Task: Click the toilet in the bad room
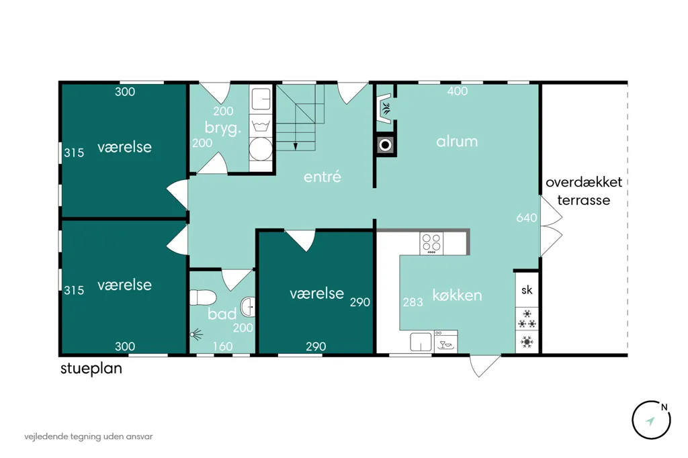point(202,297)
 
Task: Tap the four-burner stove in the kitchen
point(431,243)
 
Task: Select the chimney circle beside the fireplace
point(385,145)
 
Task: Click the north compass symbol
point(651,420)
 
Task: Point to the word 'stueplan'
point(91,369)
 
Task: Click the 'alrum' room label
point(457,141)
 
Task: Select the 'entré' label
point(322,177)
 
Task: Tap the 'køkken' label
point(457,295)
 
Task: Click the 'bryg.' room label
point(223,128)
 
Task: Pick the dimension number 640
point(527,218)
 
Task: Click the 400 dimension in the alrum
point(457,91)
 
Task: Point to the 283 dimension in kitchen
point(413,302)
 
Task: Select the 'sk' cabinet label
point(527,289)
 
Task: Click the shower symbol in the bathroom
point(197,334)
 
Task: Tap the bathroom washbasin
point(249,307)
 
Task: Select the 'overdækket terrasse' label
point(584,191)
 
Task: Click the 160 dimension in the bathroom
point(222,347)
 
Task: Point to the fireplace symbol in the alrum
point(385,108)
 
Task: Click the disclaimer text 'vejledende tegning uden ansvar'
point(89,437)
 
